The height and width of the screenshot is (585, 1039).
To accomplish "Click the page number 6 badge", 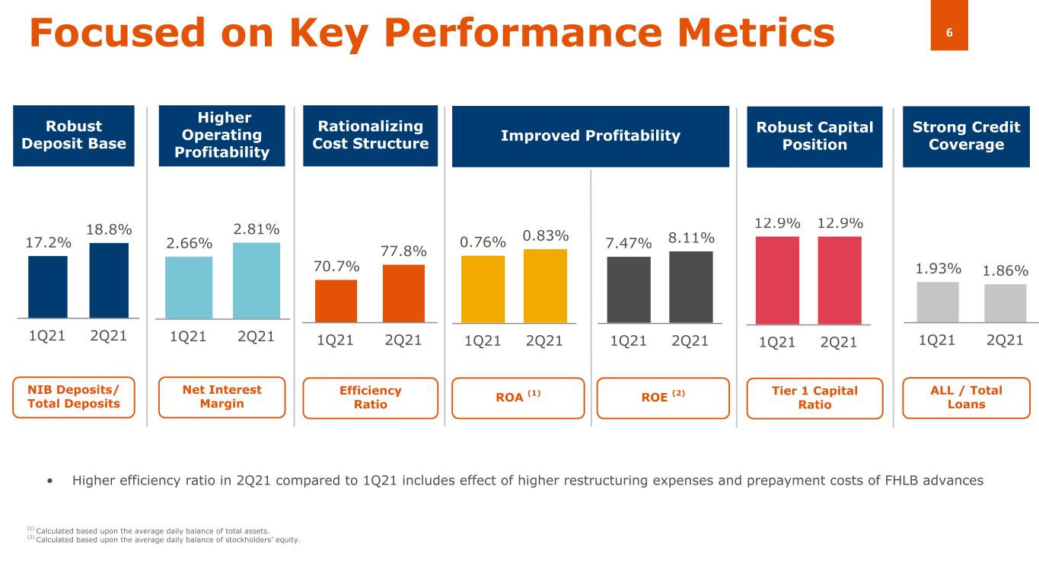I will pos(949,33).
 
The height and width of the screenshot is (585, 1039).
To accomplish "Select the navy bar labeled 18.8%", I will pos(109,280).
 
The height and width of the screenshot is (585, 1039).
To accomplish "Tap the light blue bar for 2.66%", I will pos(189,286).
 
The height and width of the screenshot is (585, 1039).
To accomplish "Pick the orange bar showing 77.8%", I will pos(403,293).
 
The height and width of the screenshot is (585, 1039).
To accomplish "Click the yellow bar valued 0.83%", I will pos(545,286).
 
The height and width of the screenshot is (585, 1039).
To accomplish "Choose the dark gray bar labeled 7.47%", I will pos(629,289).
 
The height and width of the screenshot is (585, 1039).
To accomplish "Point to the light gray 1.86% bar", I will pos(1005,303).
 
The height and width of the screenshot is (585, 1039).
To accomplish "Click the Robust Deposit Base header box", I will pos(74,136).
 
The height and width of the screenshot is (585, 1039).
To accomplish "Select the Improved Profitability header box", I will pos(590,136).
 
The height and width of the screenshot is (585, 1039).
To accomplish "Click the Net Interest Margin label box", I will pos(222,397).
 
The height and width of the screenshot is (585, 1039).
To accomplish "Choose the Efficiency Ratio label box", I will pos(370,398).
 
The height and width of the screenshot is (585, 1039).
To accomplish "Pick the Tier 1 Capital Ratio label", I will pos(814,398).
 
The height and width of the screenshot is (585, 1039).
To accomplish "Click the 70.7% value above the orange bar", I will pos(336,268).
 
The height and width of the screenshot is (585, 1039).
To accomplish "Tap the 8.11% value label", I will pos(690,238).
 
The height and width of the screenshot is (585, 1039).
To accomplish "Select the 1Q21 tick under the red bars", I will pos(776,343).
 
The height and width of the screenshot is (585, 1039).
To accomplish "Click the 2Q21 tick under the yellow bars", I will pos(544,341).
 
